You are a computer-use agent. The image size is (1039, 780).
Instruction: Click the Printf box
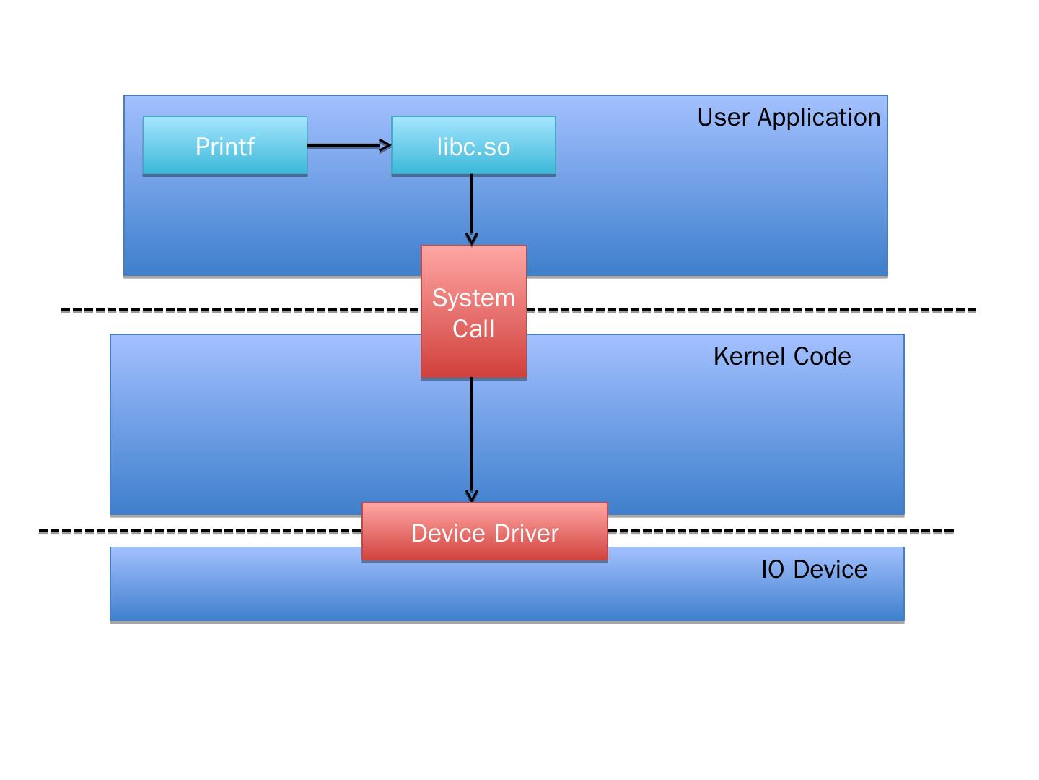[x=225, y=147]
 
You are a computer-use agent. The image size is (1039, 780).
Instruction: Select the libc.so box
[x=473, y=147]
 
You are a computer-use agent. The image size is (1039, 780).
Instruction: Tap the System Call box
[x=473, y=313]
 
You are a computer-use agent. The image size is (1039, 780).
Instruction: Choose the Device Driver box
[x=485, y=533]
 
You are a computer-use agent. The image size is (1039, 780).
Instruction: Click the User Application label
[x=789, y=118]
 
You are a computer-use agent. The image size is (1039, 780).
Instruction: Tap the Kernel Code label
[x=782, y=357]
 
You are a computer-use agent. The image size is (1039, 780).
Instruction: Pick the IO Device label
[x=814, y=570]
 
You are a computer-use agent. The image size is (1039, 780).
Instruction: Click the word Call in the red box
[x=473, y=329]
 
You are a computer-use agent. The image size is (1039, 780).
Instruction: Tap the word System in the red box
[x=473, y=298]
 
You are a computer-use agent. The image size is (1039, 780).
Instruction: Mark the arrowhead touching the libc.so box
[x=386, y=146]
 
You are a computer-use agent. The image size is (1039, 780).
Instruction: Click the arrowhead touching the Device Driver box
[x=472, y=496]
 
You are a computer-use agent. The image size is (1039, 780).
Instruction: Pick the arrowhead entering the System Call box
[x=472, y=239]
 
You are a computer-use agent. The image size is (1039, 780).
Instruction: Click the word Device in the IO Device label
[x=830, y=570]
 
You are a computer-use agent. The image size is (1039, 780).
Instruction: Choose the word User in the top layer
[x=724, y=118]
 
